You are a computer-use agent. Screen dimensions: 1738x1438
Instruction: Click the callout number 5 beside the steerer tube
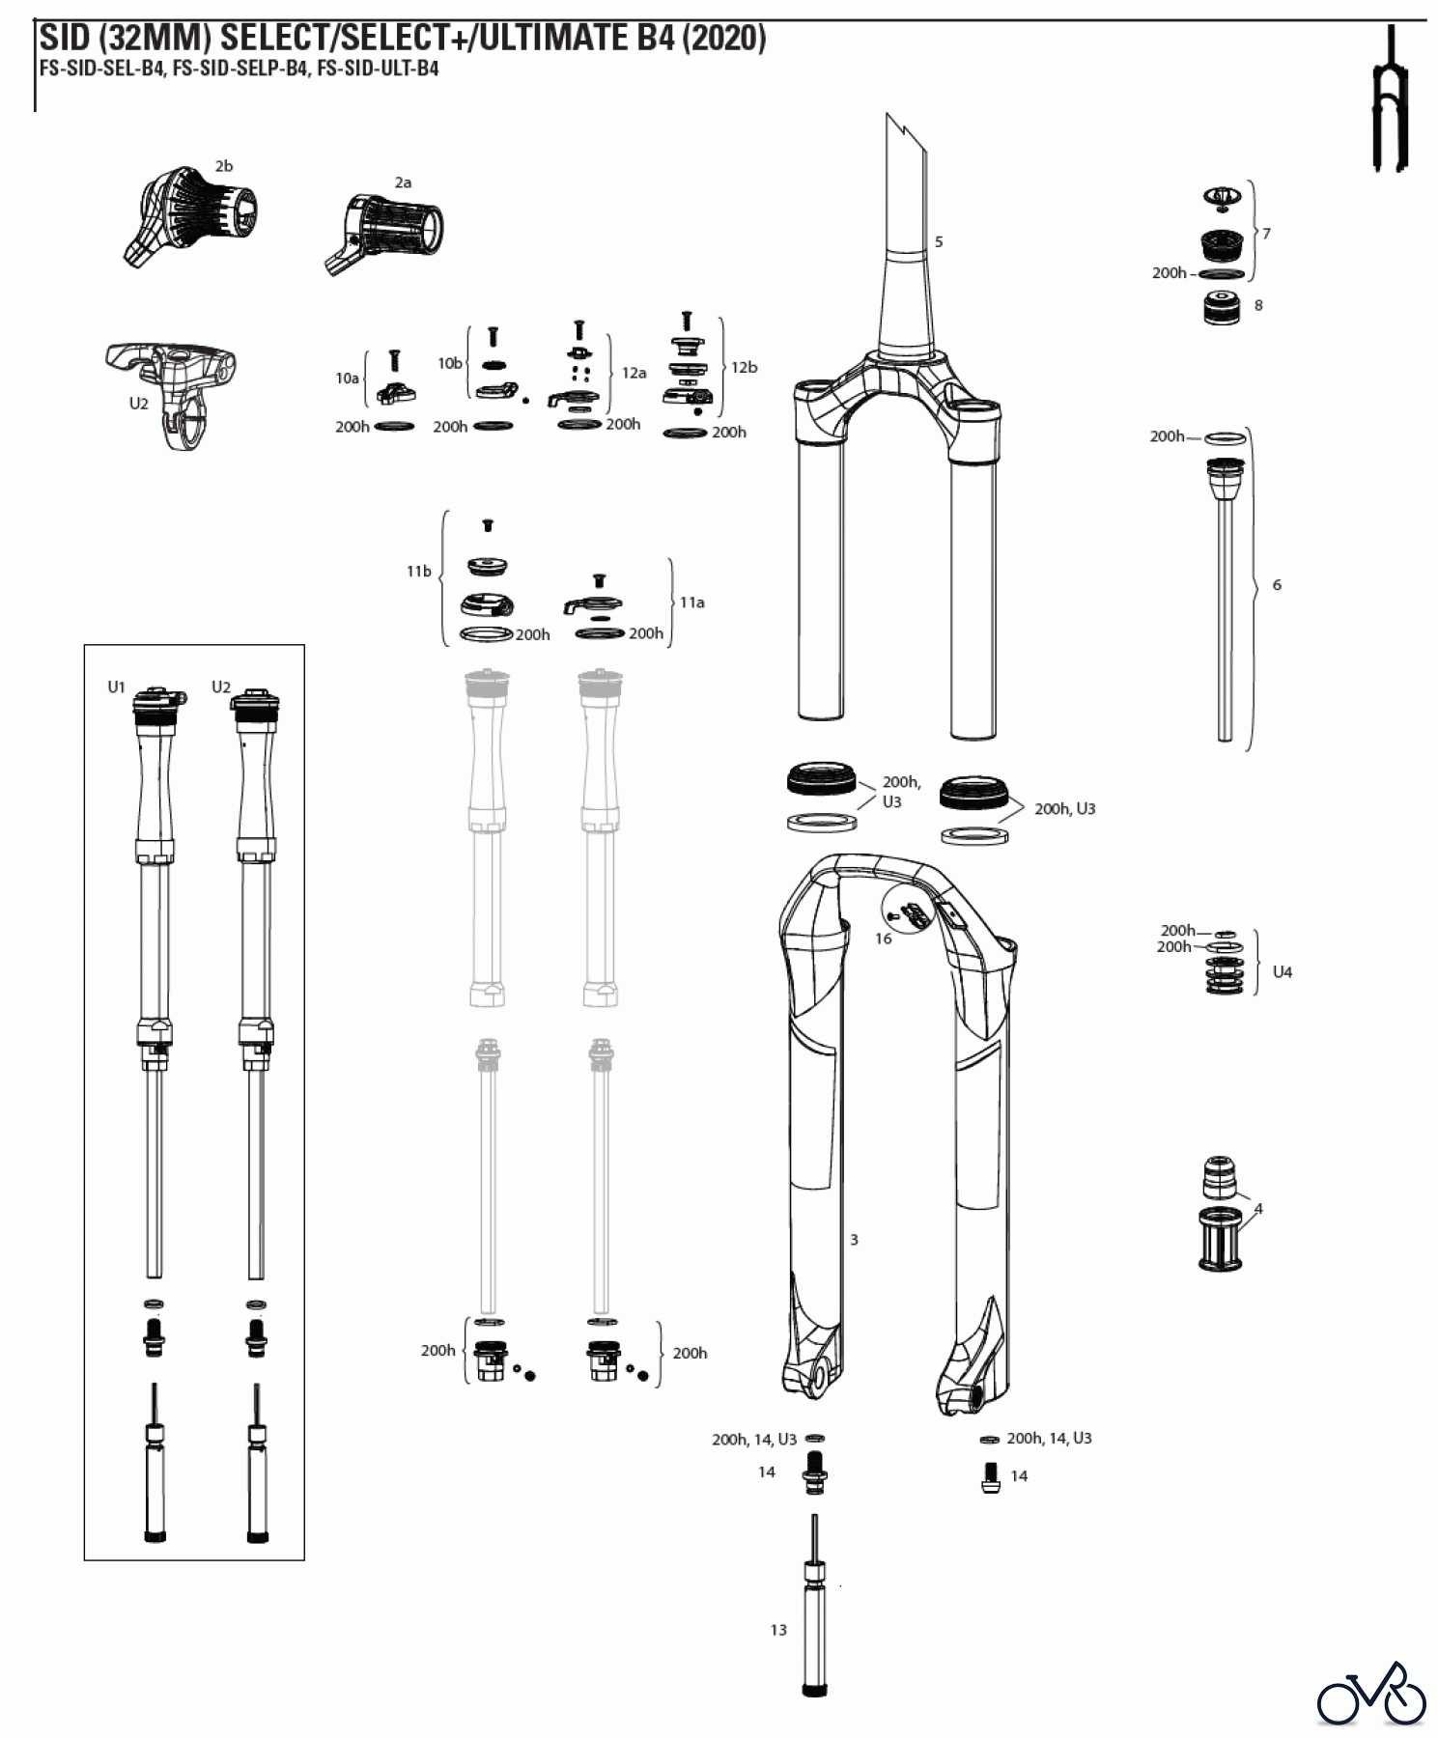point(939,241)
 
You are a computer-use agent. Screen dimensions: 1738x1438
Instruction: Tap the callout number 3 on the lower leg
point(854,1239)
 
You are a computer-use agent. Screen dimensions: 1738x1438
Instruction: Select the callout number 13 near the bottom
point(778,1630)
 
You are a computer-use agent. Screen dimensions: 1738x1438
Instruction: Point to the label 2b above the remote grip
point(223,166)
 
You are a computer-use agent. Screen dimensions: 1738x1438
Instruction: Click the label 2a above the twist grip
point(403,182)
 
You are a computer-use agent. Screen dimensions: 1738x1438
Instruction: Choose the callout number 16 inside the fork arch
point(883,938)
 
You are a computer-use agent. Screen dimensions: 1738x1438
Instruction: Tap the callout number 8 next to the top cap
point(1257,305)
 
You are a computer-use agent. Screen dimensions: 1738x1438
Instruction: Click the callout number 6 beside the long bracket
point(1277,584)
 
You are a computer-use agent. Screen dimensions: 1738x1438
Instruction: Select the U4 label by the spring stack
point(1282,971)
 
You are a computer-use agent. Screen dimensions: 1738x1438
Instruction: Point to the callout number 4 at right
point(1257,1208)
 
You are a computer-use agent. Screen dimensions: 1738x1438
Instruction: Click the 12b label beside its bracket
point(744,367)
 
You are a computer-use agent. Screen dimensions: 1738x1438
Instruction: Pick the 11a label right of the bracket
point(691,602)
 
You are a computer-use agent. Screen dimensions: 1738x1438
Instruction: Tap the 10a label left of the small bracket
point(347,378)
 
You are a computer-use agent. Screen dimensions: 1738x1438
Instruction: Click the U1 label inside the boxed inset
point(116,687)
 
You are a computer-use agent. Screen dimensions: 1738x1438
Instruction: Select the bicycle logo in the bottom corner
point(1371,1695)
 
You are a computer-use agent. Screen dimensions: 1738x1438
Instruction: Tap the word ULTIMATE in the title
point(560,39)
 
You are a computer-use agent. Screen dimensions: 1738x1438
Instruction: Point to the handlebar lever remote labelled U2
point(174,386)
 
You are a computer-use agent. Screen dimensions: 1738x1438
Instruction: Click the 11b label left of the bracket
point(418,572)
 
